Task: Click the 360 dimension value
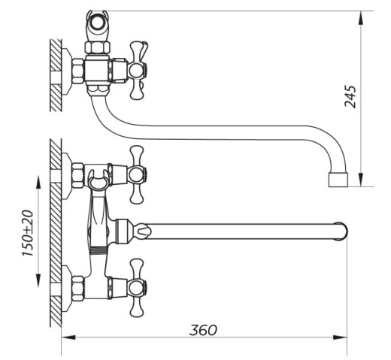[x=203, y=330]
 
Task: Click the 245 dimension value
[x=350, y=96]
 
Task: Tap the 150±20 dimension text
[x=28, y=233]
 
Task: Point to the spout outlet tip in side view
[x=338, y=180]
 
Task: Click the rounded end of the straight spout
[x=342, y=231]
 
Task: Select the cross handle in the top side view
[x=138, y=70]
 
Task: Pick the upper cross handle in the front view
[x=137, y=174]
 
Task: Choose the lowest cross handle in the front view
[x=137, y=288]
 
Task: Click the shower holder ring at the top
[x=97, y=22]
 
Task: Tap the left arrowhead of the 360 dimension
[x=68, y=337]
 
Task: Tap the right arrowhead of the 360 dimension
[x=340, y=337]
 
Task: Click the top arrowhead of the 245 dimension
[x=361, y=18]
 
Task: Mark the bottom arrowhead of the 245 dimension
[x=361, y=180]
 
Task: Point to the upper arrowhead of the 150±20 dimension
[x=38, y=183]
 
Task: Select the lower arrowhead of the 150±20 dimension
[x=38, y=280]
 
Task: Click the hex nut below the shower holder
[x=98, y=47]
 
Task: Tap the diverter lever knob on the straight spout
[x=143, y=231]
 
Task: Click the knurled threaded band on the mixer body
[x=99, y=251]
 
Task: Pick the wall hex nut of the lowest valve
[x=78, y=289]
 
